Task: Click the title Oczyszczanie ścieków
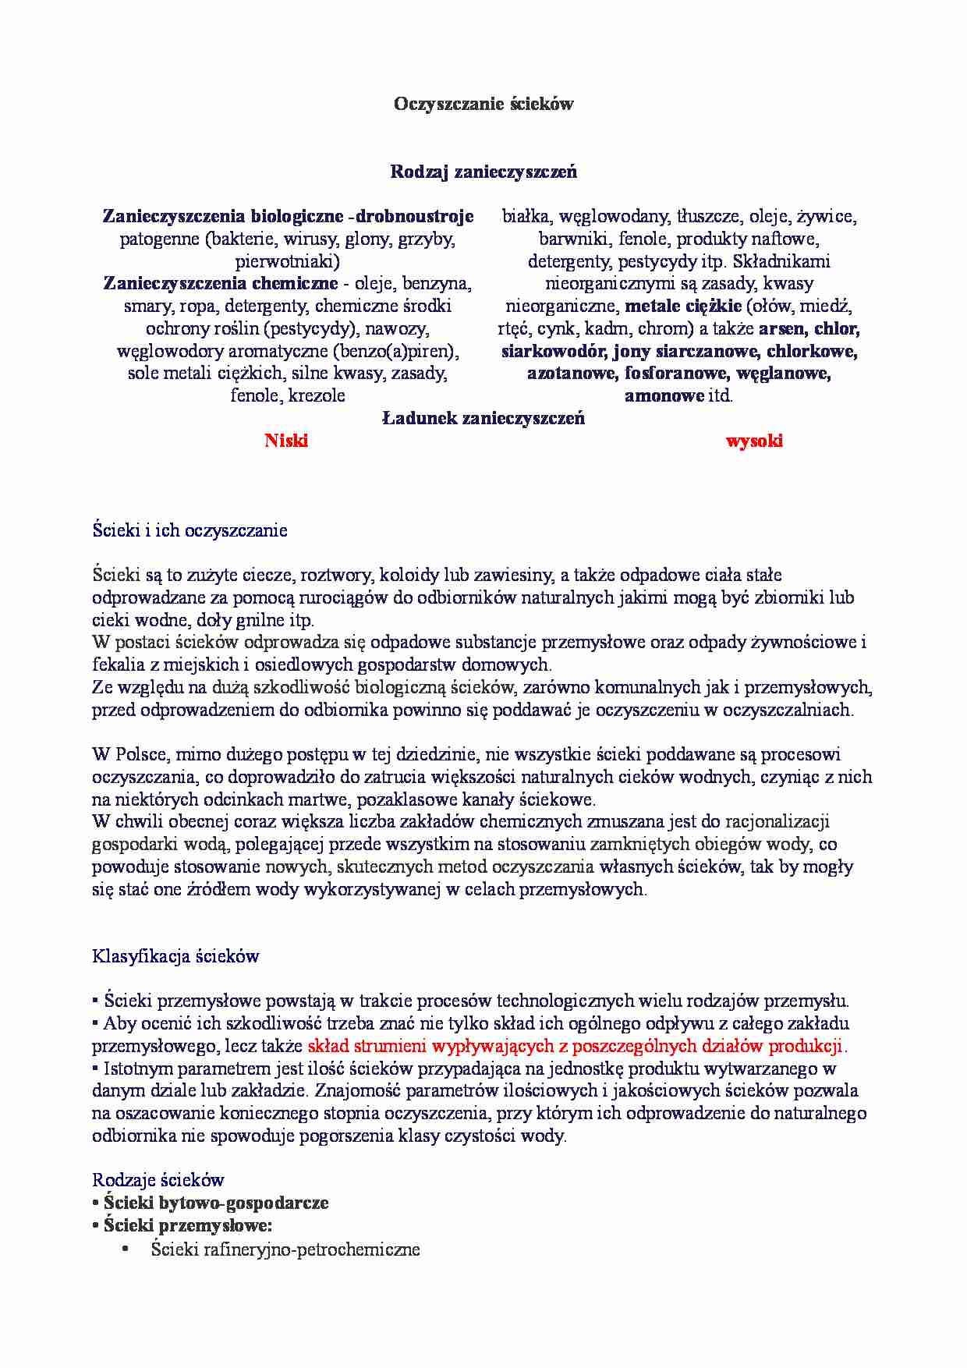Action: click(483, 104)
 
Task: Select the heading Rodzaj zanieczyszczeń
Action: click(483, 172)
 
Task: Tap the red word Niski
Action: click(286, 441)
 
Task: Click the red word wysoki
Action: click(754, 441)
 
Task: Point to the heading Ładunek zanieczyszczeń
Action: click(483, 419)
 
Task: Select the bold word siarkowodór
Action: click(554, 351)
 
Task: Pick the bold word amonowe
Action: click(664, 395)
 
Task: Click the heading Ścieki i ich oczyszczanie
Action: click(190, 531)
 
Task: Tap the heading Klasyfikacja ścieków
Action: click(175, 956)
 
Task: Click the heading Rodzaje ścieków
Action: click(158, 1180)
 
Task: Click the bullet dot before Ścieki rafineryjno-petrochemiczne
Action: click(125, 1249)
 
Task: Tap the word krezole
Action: click(317, 395)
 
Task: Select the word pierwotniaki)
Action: click(288, 261)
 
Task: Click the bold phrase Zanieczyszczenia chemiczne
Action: click(221, 284)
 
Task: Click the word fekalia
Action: click(118, 665)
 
